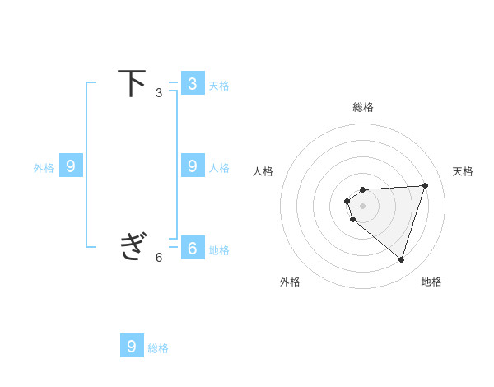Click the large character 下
coord(132,83)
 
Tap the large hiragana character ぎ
coord(132,246)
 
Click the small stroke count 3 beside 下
coord(159,93)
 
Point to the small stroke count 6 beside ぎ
coord(159,258)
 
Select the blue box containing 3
coord(192,83)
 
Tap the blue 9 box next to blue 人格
coord(192,166)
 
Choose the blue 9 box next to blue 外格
coord(71,166)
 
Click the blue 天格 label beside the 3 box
coord(219,86)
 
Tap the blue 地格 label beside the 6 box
coord(219,250)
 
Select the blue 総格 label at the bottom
coord(158,348)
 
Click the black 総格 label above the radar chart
coord(362,107)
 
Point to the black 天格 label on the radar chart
coord(463,171)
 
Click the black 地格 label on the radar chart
coord(431,282)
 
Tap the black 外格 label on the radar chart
coord(290,282)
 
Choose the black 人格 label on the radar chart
coord(263,171)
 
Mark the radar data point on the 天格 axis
coord(425,185)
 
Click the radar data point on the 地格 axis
coord(401,259)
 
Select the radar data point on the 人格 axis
coord(347,201)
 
